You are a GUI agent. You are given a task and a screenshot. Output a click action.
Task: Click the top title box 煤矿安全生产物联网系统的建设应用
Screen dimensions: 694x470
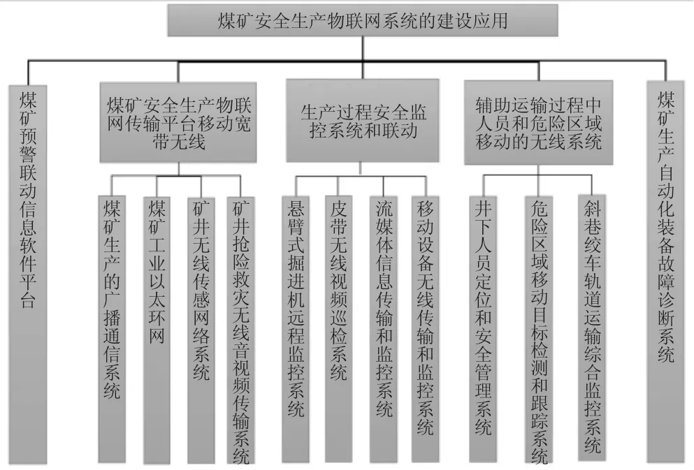tap(363, 20)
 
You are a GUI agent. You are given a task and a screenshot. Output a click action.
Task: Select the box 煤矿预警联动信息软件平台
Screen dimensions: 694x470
tap(28, 274)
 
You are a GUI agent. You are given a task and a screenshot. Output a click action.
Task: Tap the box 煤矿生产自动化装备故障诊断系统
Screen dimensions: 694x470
tap(665, 272)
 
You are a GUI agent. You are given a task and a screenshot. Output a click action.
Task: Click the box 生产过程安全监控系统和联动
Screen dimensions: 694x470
tap(363, 120)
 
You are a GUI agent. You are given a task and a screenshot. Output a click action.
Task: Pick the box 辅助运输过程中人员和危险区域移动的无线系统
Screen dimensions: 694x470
tap(539, 122)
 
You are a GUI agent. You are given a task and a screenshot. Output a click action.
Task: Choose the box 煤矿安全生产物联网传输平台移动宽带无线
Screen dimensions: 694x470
tap(178, 122)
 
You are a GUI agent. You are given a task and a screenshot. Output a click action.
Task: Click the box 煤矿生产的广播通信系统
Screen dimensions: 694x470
tap(112, 329)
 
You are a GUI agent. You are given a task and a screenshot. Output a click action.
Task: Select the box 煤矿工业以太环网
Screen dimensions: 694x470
tap(157, 329)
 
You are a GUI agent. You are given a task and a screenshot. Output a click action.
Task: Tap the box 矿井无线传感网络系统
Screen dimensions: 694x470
tap(201, 330)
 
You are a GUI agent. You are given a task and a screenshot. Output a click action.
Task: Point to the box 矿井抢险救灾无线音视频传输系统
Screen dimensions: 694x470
tap(241, 330)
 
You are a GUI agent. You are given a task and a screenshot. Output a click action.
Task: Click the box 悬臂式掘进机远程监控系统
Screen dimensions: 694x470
tap(296, 329)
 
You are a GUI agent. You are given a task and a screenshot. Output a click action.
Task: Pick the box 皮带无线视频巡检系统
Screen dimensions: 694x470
tap(338, 329)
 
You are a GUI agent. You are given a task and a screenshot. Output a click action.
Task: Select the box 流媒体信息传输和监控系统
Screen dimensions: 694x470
tap(384, 329)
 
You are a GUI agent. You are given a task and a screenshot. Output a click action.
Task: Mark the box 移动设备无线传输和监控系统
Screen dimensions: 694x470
tap(425, 329)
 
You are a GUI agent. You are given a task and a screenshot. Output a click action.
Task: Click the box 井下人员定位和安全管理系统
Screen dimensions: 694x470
tap(483, 329)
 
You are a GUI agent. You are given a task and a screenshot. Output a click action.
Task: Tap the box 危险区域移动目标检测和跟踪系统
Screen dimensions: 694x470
tap(539, 329)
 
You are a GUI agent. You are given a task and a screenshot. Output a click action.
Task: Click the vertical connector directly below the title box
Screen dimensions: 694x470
tap(363, 48)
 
